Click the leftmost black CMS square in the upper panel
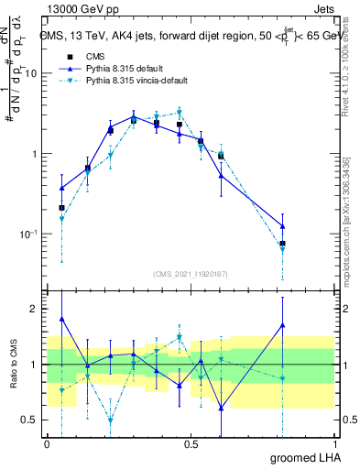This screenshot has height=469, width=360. [x=61, y=208]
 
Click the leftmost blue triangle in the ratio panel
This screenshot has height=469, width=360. [x=61, y=319]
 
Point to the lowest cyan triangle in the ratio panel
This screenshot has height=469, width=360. [x=111, y=420]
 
